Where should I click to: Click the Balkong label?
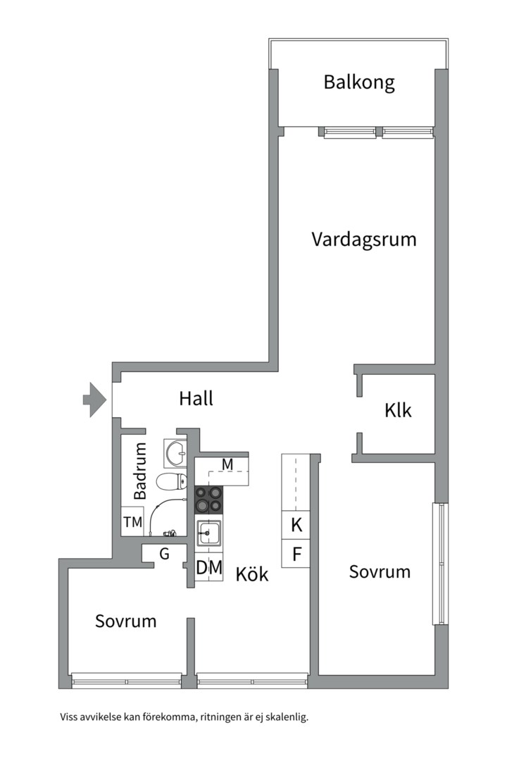pyautogui.click(x=358, y=82)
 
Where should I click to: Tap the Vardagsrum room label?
pyautogui.click(x=363, y=239)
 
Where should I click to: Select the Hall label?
pyautogui.click(x=196, y=398)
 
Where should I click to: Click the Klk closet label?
pyautogui.click(x=398, y=410)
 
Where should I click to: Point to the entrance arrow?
pyautogui.click(x=94, y=400)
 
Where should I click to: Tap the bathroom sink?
pyautogui.click(x=175, y=452)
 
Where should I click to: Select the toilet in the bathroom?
pyautogui.click(x=171, y=482)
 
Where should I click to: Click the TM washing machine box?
pyautogui.click(x=132, y=522)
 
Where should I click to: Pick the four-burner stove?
pyautogui.click(x=208, y=500)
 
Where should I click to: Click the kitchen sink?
pyautogui.click(x=209, y=533)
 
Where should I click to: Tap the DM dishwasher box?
pyautogui.click(x=209, y=567)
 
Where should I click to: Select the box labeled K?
pyautogui.click(x=296, y=525)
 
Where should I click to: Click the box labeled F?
pyautogui.click(x=296, y=554)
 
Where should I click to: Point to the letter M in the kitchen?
pyautogui.click(x=227, y=464)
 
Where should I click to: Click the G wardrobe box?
pyautogui.click(x=163, y=554)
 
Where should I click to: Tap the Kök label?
pyautogui.click(x=252, y=574)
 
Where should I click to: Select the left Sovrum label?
pyautogui.click(x=126, y=621)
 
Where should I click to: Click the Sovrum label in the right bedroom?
pyautogui.click(x=380, y=571)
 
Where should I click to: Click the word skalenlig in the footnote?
pyautogui.click(x=284, y=718)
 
